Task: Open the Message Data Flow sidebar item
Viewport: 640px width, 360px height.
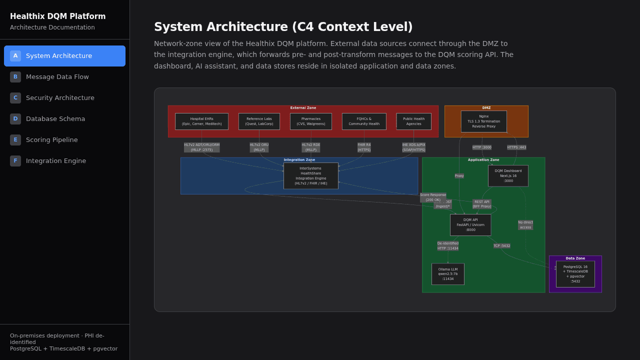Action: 57,76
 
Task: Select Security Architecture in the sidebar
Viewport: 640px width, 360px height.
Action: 60,97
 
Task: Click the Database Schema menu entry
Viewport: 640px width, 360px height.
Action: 55,118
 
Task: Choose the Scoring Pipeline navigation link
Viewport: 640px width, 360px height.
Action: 51,139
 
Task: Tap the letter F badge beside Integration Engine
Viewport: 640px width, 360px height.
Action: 15,160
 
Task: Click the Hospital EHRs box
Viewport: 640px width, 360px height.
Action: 201,121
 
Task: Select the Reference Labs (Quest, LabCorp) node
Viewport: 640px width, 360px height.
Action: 259,121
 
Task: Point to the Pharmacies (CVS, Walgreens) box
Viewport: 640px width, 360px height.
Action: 310,121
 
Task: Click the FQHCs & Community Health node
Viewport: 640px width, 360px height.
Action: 364,121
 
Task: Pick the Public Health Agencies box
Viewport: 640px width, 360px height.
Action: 413,121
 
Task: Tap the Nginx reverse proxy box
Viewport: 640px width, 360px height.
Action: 483,121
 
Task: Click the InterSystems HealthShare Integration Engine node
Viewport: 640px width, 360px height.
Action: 310,175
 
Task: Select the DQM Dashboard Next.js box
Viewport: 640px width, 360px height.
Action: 508,175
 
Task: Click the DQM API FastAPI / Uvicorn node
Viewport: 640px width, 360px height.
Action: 470,224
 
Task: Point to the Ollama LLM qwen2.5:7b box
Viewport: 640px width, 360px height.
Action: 447,274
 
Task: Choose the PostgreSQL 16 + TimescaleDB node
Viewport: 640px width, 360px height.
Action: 575,274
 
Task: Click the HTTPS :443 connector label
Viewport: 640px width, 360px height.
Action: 516,147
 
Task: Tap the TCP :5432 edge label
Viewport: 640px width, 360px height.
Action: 501,246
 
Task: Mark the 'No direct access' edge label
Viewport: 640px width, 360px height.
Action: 525,225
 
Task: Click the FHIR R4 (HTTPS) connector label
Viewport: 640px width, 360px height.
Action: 364,147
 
